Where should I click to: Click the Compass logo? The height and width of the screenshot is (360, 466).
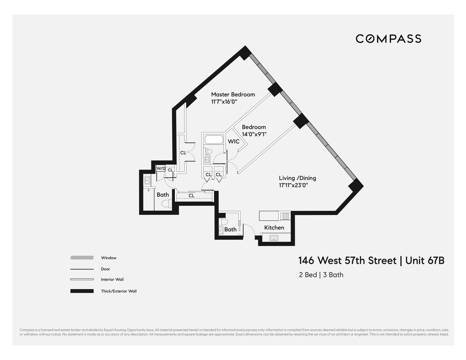click(x=388, y=39)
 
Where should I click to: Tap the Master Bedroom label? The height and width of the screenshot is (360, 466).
click(x=233, y=94)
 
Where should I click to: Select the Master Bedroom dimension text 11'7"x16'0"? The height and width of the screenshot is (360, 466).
click(x=224, y=102)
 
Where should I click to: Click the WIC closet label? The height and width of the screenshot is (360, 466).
click(x=233, y=141)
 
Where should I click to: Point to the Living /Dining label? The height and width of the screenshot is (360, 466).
click(x=297, y=178)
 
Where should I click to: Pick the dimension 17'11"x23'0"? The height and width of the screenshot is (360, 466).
click(x=294, y=185)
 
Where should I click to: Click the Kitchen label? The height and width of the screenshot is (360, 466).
click(x=274, y=228)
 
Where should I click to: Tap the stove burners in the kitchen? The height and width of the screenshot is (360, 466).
click(x=285, y=216)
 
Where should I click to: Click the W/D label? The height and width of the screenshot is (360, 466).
click(x=161, y=168)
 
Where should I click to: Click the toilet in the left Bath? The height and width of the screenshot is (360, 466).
click(x=166, y=204)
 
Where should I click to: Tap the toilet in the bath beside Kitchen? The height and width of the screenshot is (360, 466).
click(x=223, y=221)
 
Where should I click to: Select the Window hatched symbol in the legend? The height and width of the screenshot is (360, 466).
click(x=82, y=258)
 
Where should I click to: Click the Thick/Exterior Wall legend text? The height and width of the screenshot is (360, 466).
click(x=118, y=291)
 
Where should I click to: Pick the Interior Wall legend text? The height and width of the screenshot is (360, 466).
click(x=112, y=279)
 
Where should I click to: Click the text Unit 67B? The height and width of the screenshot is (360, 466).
click(x=425, y=260)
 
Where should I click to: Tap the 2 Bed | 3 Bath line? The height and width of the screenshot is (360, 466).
click(x=321, y=275)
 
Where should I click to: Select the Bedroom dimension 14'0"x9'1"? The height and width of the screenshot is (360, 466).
click(x=254, y=134)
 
